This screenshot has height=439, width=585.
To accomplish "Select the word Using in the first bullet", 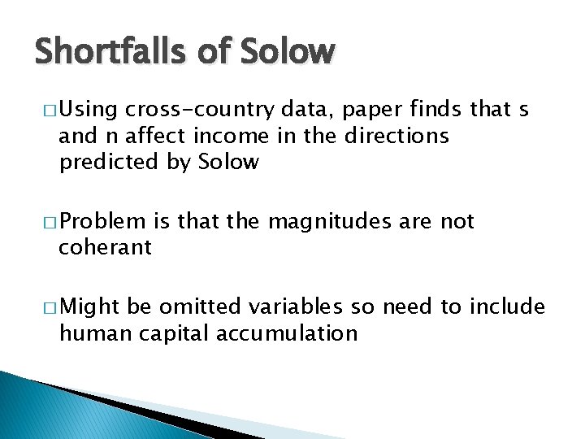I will coord(89,110).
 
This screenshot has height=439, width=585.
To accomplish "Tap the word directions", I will coord(396,136).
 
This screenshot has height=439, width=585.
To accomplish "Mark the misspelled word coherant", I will coord(105,247).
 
